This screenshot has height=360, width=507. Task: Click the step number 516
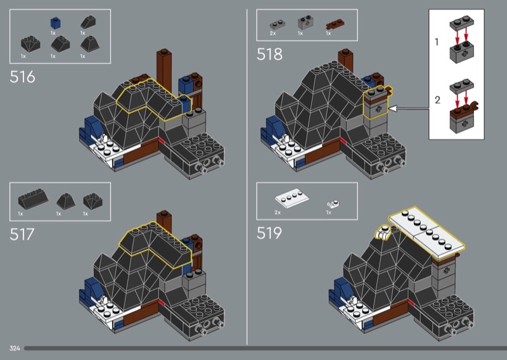22,77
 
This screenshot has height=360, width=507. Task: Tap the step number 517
22,235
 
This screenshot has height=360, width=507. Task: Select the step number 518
269,54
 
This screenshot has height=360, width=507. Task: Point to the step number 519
269,233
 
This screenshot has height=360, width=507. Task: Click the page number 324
15,349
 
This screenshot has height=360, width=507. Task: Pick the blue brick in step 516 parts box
56,23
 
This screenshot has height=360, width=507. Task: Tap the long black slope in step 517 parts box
33,198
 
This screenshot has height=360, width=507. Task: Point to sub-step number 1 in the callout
437,42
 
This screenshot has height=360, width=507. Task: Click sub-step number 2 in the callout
437,100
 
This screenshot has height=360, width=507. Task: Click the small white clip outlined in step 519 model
383,233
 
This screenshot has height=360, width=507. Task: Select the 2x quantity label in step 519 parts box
278,212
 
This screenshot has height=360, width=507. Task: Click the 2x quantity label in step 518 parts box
273,34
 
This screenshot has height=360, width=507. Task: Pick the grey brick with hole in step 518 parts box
306,22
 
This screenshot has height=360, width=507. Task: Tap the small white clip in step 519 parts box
333,205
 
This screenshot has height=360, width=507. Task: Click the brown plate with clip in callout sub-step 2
464,109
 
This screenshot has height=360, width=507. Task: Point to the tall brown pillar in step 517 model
164,229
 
